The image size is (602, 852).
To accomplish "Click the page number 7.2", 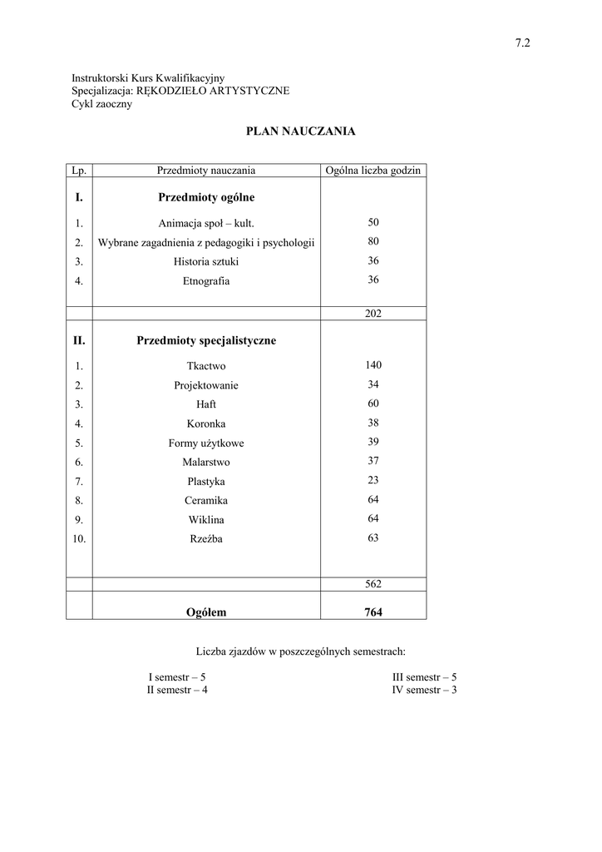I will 523,44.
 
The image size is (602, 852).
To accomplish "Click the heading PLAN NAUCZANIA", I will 300,131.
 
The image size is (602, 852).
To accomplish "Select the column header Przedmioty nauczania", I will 206,171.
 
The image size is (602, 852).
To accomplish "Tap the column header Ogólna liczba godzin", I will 373,171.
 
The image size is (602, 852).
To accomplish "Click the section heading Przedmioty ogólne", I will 206,198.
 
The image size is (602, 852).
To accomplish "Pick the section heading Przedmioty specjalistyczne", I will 206,341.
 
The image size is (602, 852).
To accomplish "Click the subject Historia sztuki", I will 206,262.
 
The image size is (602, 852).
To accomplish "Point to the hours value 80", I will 373,242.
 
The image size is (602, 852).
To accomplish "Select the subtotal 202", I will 373,314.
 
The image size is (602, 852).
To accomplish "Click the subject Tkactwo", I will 206,366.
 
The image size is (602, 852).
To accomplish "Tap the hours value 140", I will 373,365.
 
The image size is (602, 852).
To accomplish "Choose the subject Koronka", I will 206,424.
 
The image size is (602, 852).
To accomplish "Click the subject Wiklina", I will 206,520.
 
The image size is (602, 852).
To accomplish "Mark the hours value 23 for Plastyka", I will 373,480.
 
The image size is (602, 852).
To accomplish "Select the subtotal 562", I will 373,584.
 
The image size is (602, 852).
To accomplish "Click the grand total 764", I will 373,612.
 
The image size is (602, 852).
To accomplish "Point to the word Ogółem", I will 206,612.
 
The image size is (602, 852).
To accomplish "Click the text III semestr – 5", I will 424,677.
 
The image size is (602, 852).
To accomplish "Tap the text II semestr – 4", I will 177,690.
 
